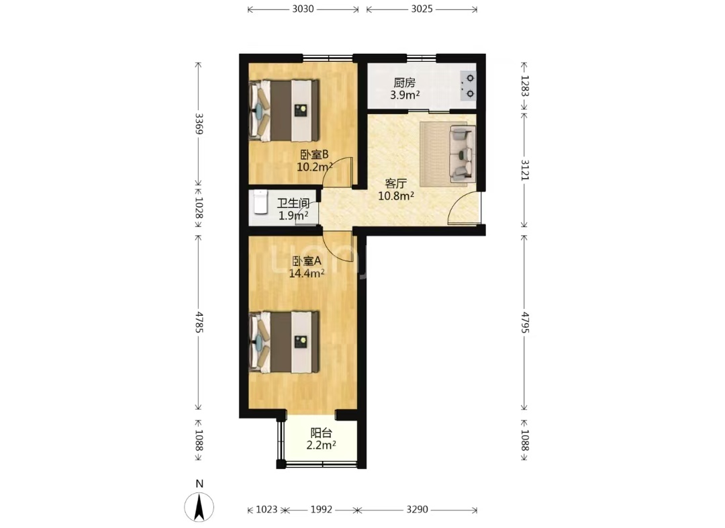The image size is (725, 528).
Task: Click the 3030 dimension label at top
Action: click(303, 9)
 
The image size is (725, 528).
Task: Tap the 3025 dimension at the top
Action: click(422, 9)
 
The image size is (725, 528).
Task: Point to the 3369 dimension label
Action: click(199, 124)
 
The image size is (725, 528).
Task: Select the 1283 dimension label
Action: click(525, 85)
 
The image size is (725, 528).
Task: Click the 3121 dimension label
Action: click(525, 169)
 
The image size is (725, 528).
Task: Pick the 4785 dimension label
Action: click(199, 322)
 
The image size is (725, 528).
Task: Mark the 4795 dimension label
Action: click(525, 322)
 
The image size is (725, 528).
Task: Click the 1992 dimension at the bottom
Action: click(322, 509)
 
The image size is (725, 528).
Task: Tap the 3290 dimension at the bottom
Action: click(417, 509)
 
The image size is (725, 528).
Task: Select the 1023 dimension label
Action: click(267, 509)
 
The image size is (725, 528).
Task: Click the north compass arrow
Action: click(199, 507)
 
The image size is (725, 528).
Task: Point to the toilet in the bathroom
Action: click(260, 202)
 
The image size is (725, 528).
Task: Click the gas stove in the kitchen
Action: click(468, 85)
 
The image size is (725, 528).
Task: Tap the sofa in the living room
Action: click(462, 154)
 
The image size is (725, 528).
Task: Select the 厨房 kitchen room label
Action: click(405, 83)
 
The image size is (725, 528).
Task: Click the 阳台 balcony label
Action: click(321, 433)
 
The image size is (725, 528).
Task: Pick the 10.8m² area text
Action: click(396, 195)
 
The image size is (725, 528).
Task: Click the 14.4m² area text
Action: click(307, 273)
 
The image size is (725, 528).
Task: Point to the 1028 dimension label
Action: click(199, 208)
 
